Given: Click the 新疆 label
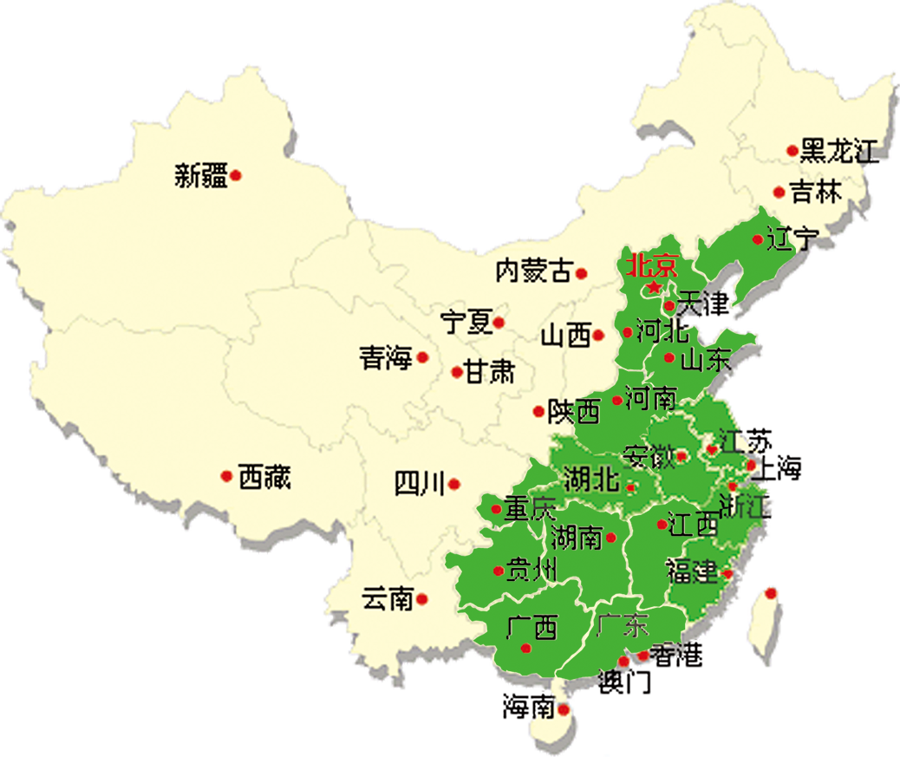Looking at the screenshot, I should (x=201, y=176).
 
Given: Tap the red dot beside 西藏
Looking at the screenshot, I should (x=226, y=476).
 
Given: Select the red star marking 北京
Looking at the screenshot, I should (x=654, y=286).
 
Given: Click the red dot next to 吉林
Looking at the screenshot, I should (x=779, y=193).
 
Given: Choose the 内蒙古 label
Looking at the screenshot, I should (x=533, y=271).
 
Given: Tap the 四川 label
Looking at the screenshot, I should (x=420, y=483).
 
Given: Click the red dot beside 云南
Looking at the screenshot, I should (x=422, y=599).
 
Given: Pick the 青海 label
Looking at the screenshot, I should (x=386, y=357).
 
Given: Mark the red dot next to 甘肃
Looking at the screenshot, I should (x=456, y=373).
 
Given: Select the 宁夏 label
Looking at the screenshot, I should (x=466, y=323).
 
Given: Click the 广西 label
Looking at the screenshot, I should (x=532, y=626).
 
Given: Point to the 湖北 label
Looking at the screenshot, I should (x=591, y=479).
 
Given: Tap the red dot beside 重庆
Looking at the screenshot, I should (x=496, y=509).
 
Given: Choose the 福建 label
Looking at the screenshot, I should (x=692, y=571).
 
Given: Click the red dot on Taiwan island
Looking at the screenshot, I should (x=771, y=593).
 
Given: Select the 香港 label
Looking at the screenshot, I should (x=676, y=656).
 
